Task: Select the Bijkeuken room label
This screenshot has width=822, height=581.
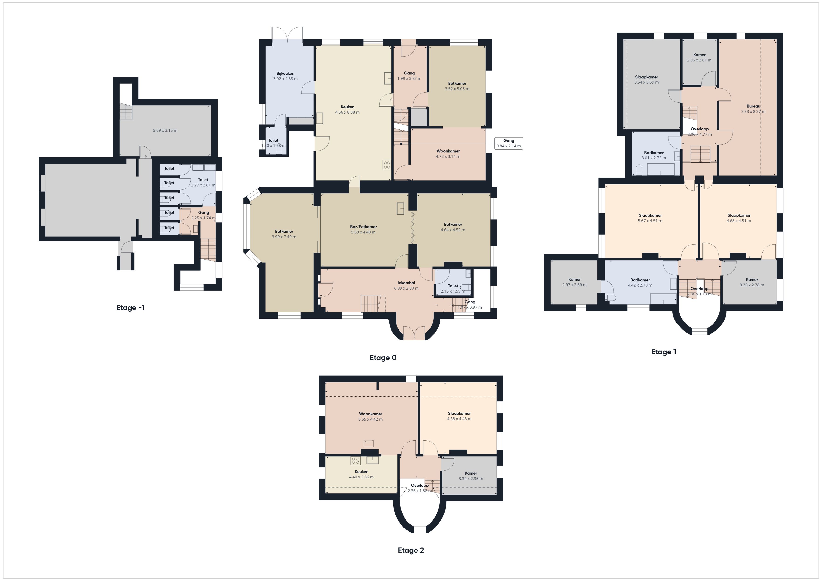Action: click(x=285, y=73)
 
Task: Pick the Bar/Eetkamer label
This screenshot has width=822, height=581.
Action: click(x=363, y=226)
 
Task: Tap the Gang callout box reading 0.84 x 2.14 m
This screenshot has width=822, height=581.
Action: click(x=508, y=143)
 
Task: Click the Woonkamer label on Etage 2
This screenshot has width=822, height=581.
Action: click(x=370, y=414)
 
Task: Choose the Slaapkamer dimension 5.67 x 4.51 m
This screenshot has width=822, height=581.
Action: click(x=650, y=221)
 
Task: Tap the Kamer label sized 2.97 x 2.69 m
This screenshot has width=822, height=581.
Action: click(x=574, y=279)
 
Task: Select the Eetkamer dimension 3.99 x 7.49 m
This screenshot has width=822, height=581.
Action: click(x=284, y=237)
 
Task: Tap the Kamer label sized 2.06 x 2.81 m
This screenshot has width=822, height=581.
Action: click(x=699, y=55)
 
